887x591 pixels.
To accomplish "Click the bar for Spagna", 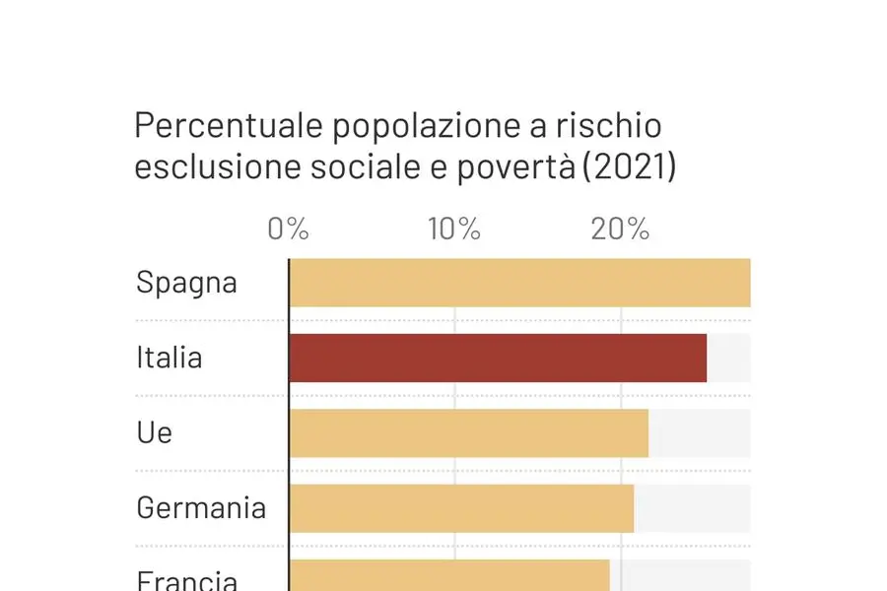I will click(519, 283).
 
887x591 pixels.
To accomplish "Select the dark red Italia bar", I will click(498, 358).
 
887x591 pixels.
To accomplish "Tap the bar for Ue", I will click(469, 432).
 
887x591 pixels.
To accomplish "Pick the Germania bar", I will click(461, 508).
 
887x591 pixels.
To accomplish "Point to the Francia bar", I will click(449, 576).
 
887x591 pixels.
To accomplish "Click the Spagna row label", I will click(186, 284).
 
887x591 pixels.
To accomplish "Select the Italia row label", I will click(169, 357).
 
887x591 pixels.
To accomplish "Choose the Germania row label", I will click(201, 507).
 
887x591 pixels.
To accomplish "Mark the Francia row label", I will click(187, 579).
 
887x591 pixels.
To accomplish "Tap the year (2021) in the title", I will click(628, 167).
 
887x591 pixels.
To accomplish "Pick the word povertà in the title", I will click(517, 167).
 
